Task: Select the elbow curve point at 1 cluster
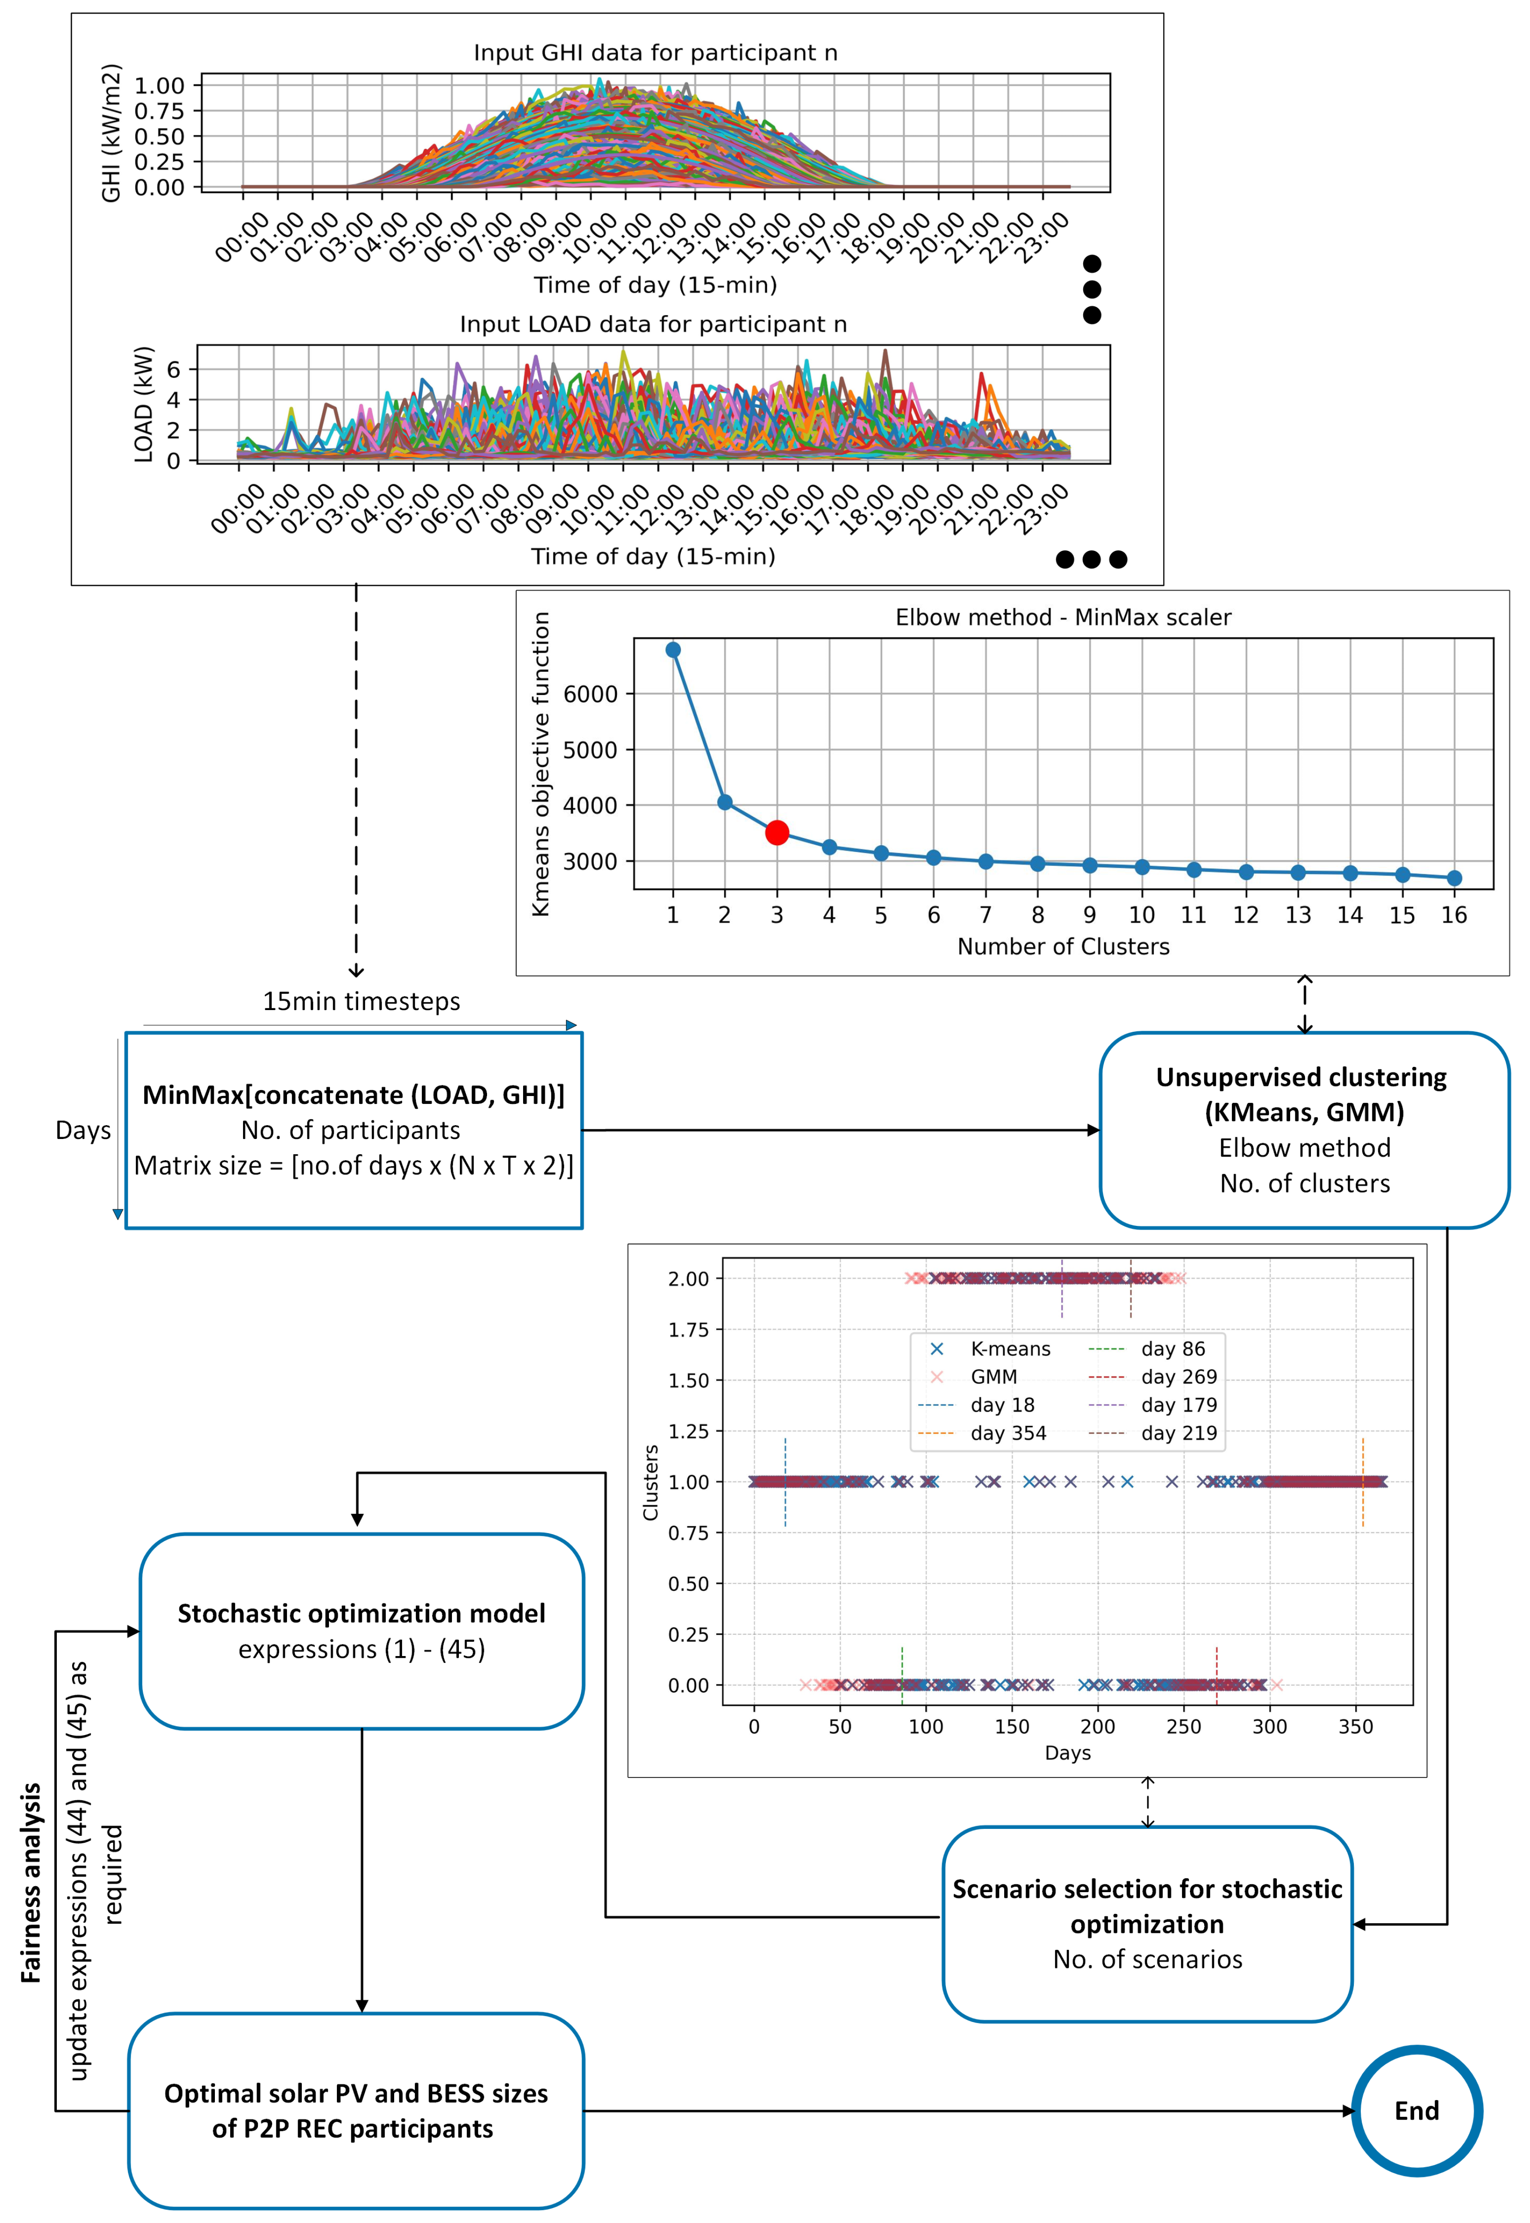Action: (673, 650)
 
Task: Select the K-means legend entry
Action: (1010, 1349)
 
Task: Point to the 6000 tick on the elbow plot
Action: (591, 694)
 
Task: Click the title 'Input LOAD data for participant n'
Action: (653, 324)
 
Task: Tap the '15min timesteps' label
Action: (361, 1002)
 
